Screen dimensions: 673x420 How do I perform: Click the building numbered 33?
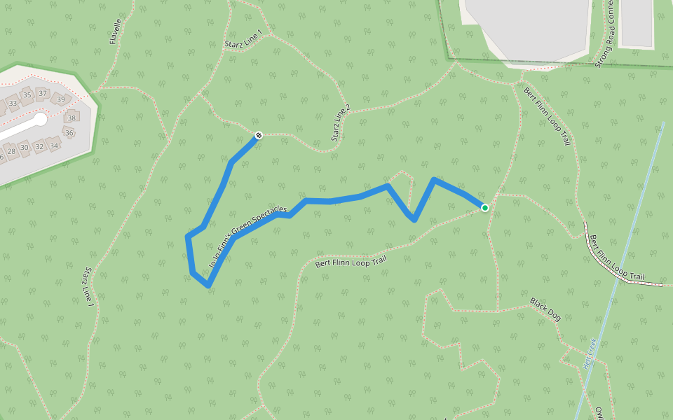(13, 104)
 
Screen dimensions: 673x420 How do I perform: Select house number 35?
(27, 95)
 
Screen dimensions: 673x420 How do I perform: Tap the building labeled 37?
(43, 94)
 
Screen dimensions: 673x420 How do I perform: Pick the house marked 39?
(61, 99)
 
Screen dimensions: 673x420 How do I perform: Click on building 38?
(71, 118)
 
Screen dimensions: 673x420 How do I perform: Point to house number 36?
(69, 133)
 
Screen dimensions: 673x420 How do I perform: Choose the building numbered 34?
(54, 145)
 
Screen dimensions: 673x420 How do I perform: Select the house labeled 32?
(39, 146)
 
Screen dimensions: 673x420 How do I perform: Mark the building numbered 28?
(11, 151)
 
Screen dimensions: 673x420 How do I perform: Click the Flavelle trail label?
(116, 31)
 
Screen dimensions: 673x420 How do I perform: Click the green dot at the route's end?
(485, 207)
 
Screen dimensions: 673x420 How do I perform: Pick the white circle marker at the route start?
(258, 135)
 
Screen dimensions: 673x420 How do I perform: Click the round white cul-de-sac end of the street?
(40, 120)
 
